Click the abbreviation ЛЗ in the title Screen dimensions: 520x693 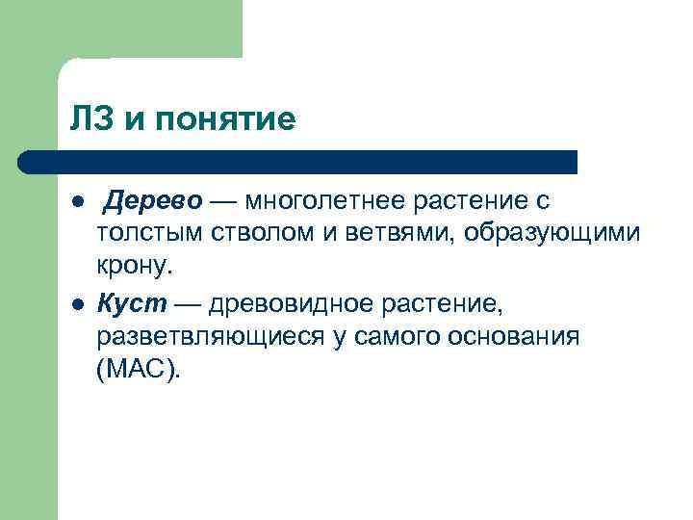[90, 120]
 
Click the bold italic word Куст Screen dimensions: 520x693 [131, 304]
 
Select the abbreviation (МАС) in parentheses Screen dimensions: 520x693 [138, 368]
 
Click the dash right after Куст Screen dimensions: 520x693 [187, 304]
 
